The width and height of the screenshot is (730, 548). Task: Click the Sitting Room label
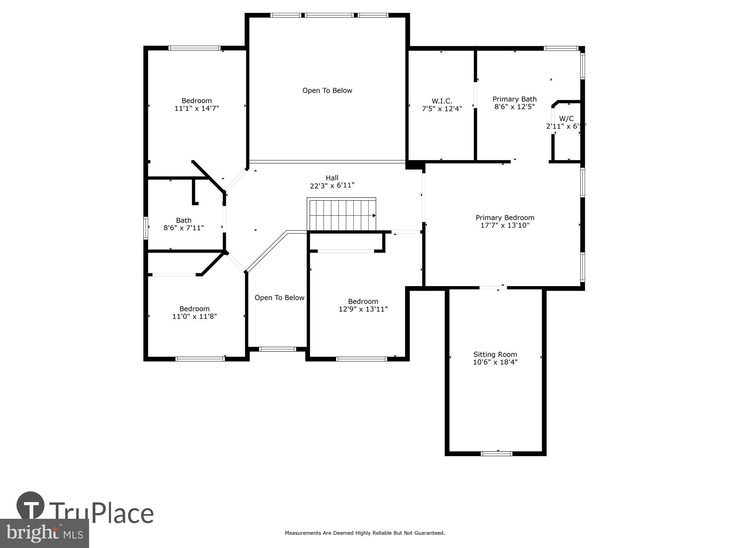coord(495,354)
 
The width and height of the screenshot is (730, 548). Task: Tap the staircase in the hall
coord(342,215)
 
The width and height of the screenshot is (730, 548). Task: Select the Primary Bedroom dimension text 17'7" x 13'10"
coord(505,225)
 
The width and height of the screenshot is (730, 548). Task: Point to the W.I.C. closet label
coord(442,101)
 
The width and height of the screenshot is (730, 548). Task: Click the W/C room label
coord(566,118)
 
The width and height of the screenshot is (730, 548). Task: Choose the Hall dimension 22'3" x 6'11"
coord(332,186)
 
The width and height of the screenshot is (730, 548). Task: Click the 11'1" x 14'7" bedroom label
coord(196,104)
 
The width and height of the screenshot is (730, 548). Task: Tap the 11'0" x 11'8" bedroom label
coord(194,313)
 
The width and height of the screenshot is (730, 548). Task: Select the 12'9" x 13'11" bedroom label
coord(363,305)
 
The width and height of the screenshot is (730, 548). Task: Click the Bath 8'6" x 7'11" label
coord(183,224)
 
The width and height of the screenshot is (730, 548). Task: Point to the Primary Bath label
coord(514,99)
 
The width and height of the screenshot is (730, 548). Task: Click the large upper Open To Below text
coord(327,91)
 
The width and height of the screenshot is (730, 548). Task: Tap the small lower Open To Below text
coord(279,298)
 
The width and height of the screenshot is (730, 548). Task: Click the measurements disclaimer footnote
coord(365,533)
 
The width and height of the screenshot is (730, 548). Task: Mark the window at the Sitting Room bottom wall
coord(496,454)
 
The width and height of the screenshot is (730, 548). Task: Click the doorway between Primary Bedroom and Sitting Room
coord(493,288)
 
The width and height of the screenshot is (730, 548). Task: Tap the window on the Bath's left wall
coord(146,228)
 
